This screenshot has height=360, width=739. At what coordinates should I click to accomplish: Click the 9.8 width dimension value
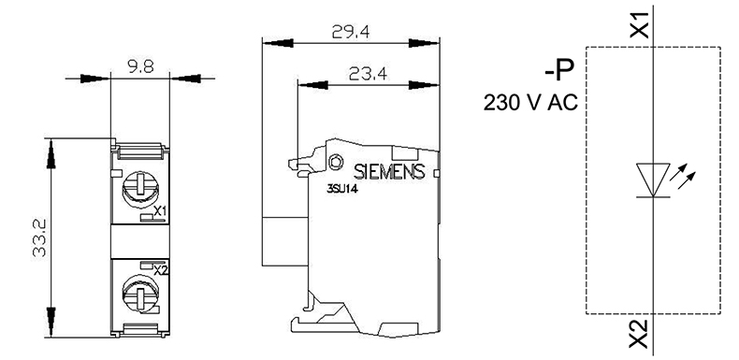tap(140, 66)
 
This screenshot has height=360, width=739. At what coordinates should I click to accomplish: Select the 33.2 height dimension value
tap(39, 238)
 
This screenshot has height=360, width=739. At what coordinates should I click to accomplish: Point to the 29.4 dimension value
tap(351, 32)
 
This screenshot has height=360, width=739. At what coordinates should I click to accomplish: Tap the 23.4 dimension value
tap(368, 74)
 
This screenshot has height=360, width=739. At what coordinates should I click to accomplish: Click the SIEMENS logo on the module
tap(389, 171)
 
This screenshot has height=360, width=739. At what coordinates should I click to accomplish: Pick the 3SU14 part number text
tap(341, 189)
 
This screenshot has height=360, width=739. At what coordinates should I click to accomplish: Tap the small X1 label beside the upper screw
tap(160, 210)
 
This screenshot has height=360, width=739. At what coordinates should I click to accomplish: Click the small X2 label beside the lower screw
tap(161, 270)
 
